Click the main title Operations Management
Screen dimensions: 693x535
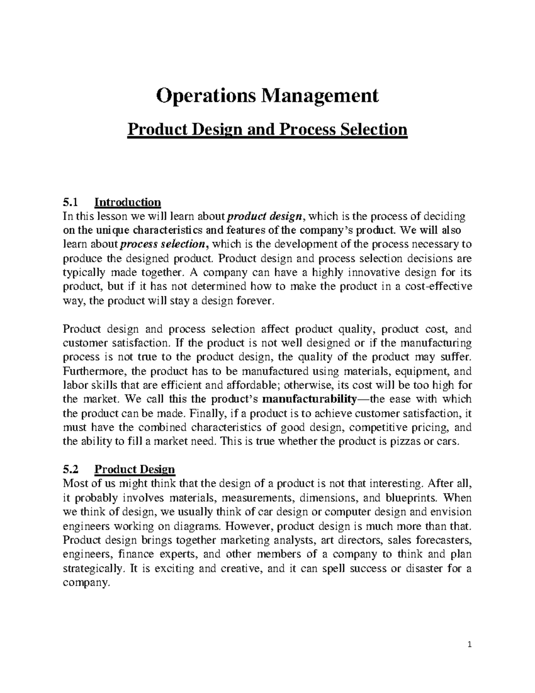tap(267, 95)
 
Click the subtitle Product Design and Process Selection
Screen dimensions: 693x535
tap(267, 130)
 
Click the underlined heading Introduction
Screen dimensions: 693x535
tap(128, 203)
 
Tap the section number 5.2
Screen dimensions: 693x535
tap(70, 469)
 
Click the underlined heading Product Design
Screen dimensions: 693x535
tap(135, 469)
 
